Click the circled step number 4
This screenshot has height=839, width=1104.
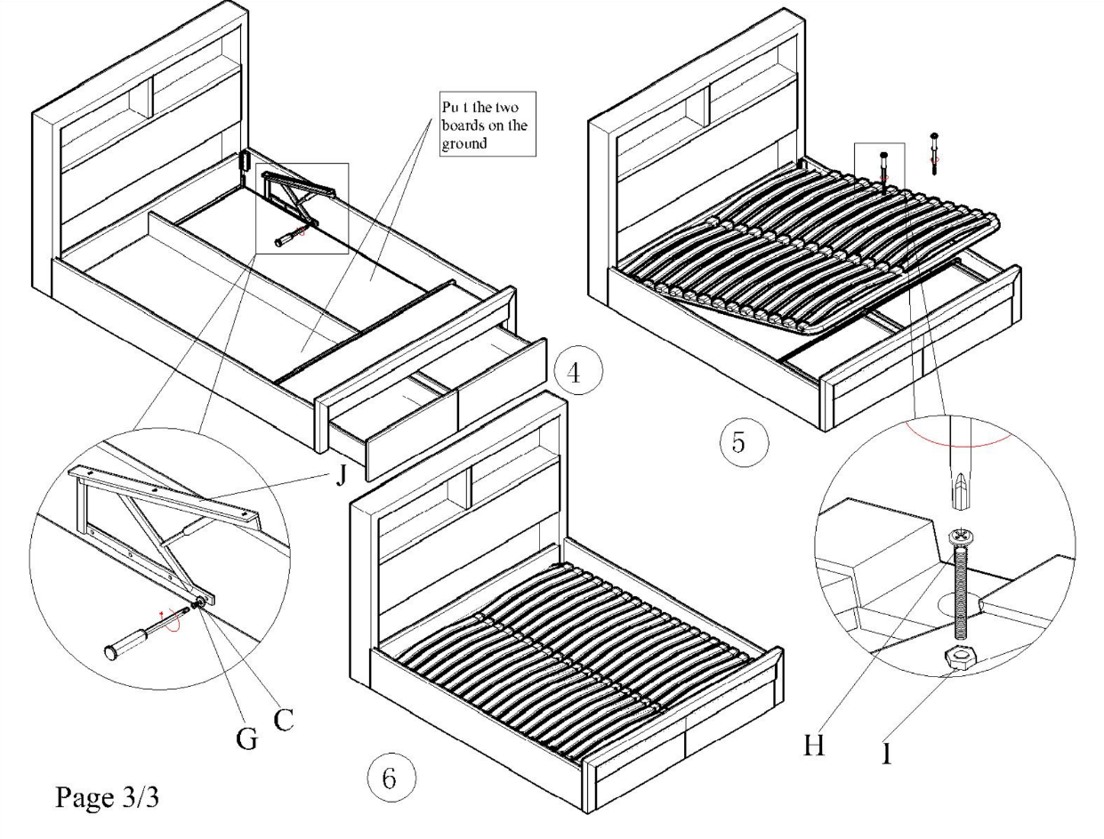(574, 373)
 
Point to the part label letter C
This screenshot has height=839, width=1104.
(283, 719)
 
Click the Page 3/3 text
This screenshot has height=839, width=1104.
(108, 798)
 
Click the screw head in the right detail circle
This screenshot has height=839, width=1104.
(959, 537)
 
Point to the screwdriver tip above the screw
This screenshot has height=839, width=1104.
(957, 495)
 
